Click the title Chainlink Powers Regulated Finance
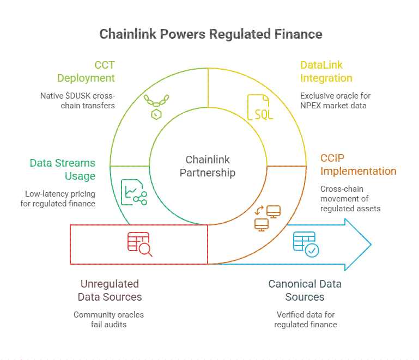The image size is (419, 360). pos(210,34)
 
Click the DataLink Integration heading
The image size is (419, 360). pos(326,71)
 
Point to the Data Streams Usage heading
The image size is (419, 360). pos(62,169)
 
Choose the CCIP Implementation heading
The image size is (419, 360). pos(358,164)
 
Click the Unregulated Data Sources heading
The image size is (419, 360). pos(110,290)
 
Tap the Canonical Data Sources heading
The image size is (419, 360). pos(305,290)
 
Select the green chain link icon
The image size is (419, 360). pos(154,107)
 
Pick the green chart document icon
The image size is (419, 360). pos(133,192)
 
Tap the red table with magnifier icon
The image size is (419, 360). pos(139,245)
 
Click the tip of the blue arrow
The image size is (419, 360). pos(370,245)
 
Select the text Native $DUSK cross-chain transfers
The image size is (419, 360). pos(77,100)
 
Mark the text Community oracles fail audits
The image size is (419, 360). pos(109,319)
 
